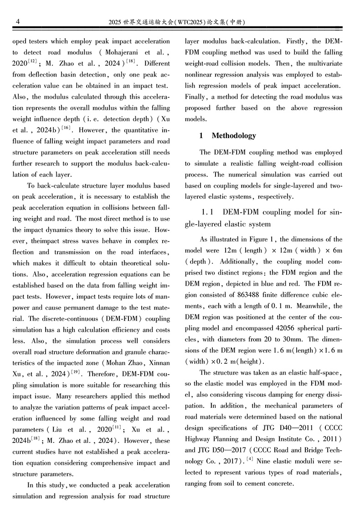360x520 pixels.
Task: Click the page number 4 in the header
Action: (17, 21)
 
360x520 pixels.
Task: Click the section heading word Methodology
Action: (234, 135)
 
